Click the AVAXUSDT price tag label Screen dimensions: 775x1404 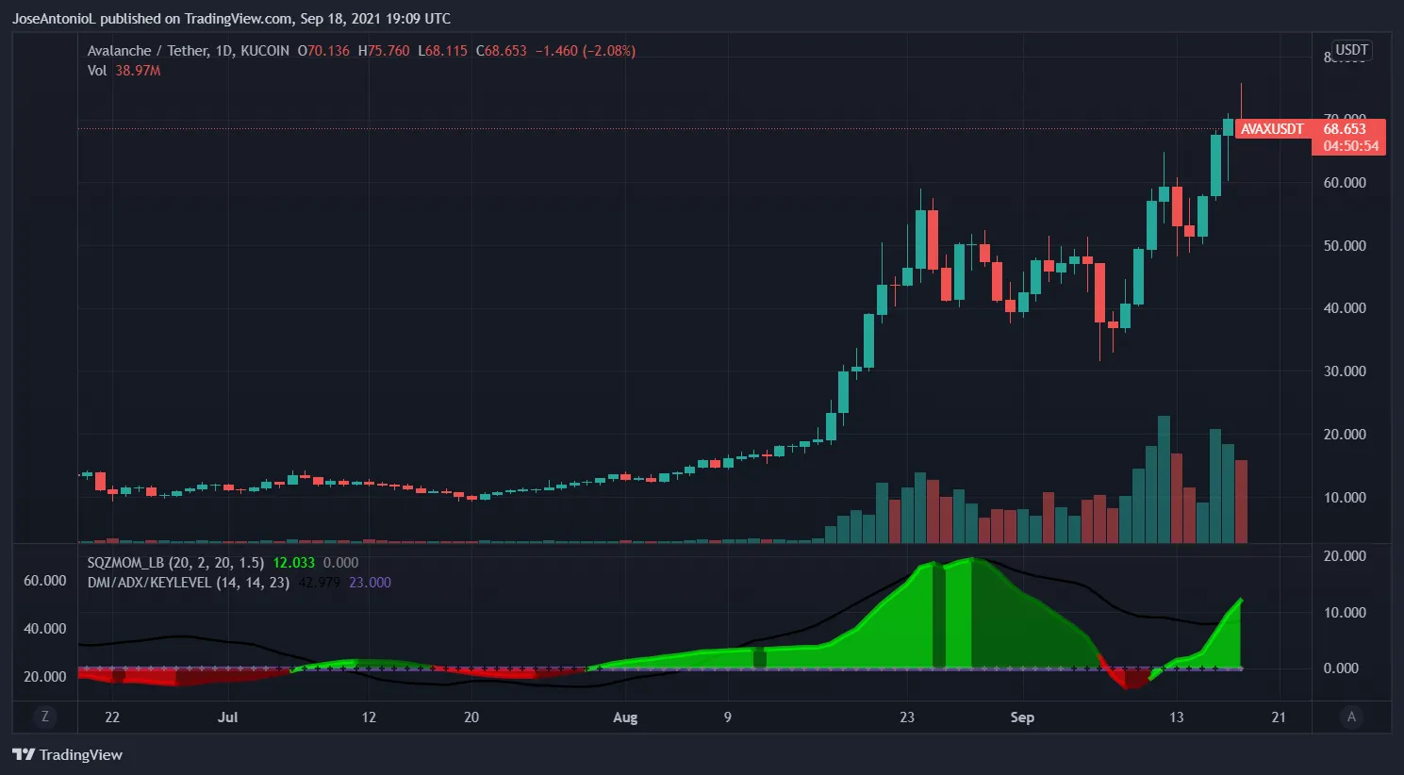[1272, 129]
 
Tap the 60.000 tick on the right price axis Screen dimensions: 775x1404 [1345, 183]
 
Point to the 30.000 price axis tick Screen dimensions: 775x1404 [1345, 371]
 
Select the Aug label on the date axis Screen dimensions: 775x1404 [625, 717]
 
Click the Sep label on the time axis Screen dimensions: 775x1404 [1022, 717]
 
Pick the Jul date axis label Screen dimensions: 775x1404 [227, 717]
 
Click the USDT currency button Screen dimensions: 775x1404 [1351, 50]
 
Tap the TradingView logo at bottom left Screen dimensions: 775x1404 [68, 754]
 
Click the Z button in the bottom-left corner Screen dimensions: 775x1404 [44, 717]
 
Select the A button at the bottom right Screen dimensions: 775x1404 [1351, 717]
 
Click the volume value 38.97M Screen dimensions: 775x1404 [138, 71]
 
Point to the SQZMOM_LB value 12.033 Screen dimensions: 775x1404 [294, 563]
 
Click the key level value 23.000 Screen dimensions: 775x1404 [370, 583]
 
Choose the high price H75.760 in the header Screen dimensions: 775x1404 [384, 51]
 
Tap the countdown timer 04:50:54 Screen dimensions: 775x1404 [1350, 146]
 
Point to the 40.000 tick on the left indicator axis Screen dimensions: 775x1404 [44, 629]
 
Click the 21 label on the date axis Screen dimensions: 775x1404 [1279, 717]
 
